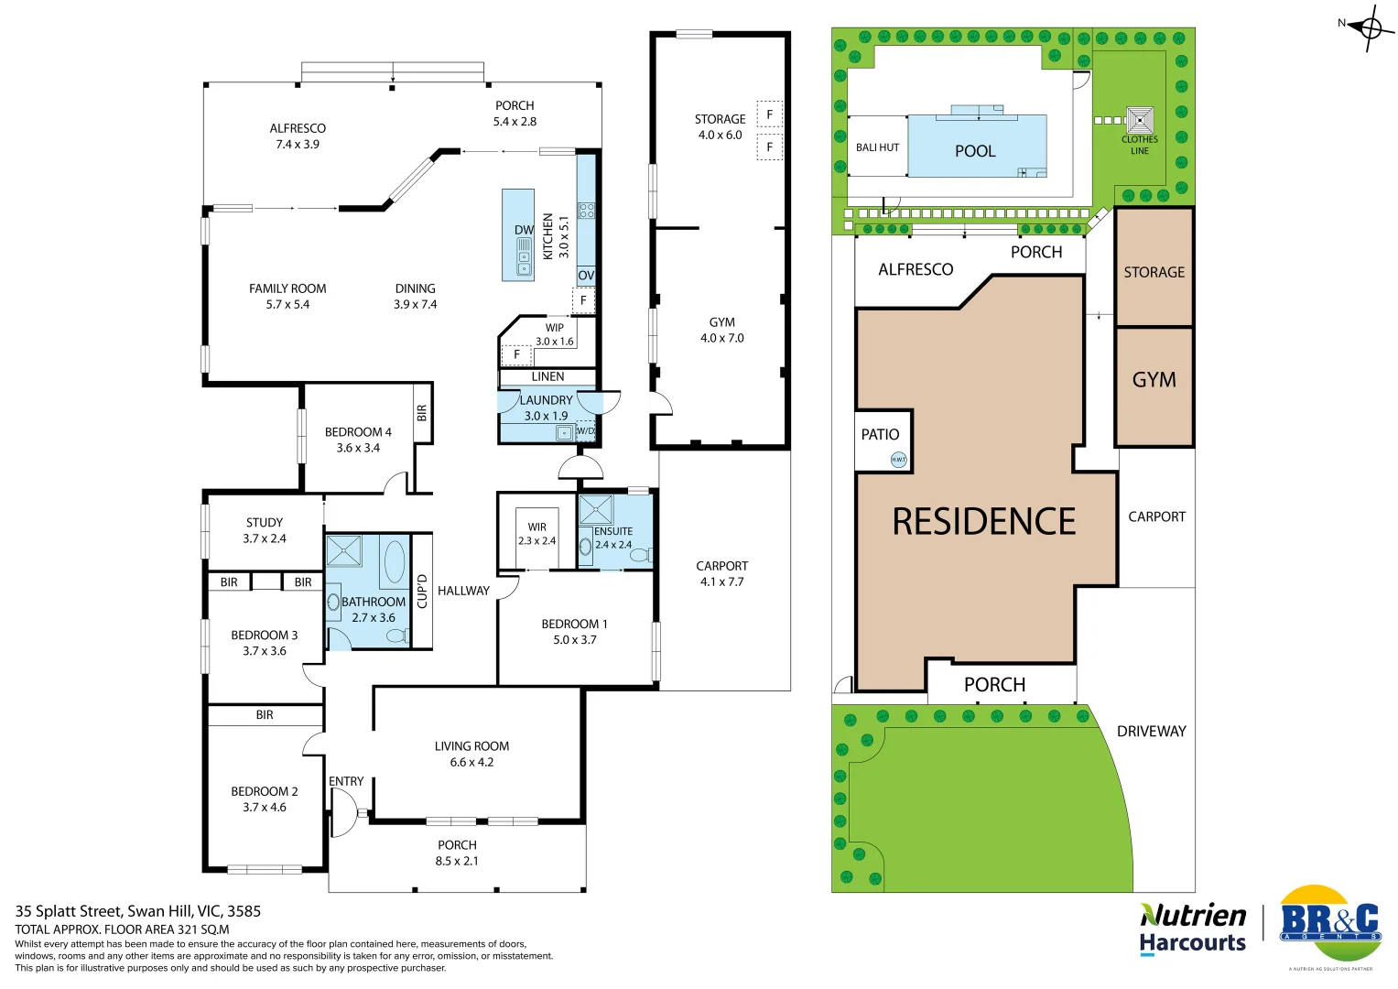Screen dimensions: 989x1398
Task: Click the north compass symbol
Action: [x=1370, y=28]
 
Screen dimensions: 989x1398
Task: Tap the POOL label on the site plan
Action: [x=975, y=151]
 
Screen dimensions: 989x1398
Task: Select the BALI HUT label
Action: [x=877, y=147]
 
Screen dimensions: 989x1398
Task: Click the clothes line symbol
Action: [x=1140, y=120]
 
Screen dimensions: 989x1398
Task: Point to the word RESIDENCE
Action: [x=984, y=522]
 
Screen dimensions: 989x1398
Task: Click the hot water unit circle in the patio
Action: [x=899, y=460]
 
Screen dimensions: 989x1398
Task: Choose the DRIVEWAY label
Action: [x=1151, y=731]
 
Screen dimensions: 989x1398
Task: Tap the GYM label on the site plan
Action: [x=1154, y=380]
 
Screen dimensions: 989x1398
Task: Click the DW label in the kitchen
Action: [x=524, y=230]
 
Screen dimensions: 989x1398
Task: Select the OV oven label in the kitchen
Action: [x=586, y=275]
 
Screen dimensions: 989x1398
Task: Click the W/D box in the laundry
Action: [x=585, y=430]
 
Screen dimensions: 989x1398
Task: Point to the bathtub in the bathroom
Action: [x=394, y=561]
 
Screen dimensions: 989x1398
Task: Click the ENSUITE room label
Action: [x=613, y=531]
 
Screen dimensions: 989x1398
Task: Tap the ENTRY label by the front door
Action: [x=346, y=781]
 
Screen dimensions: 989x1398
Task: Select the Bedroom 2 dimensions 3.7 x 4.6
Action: [x=265, y=807]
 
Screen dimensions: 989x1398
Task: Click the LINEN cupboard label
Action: [x=547, y=376]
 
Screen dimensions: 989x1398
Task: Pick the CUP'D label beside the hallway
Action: [x=422, y=591]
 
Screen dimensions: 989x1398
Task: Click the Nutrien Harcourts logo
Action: [x=1193, y=929]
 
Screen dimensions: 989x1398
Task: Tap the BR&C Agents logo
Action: [x=1329, y=925]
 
